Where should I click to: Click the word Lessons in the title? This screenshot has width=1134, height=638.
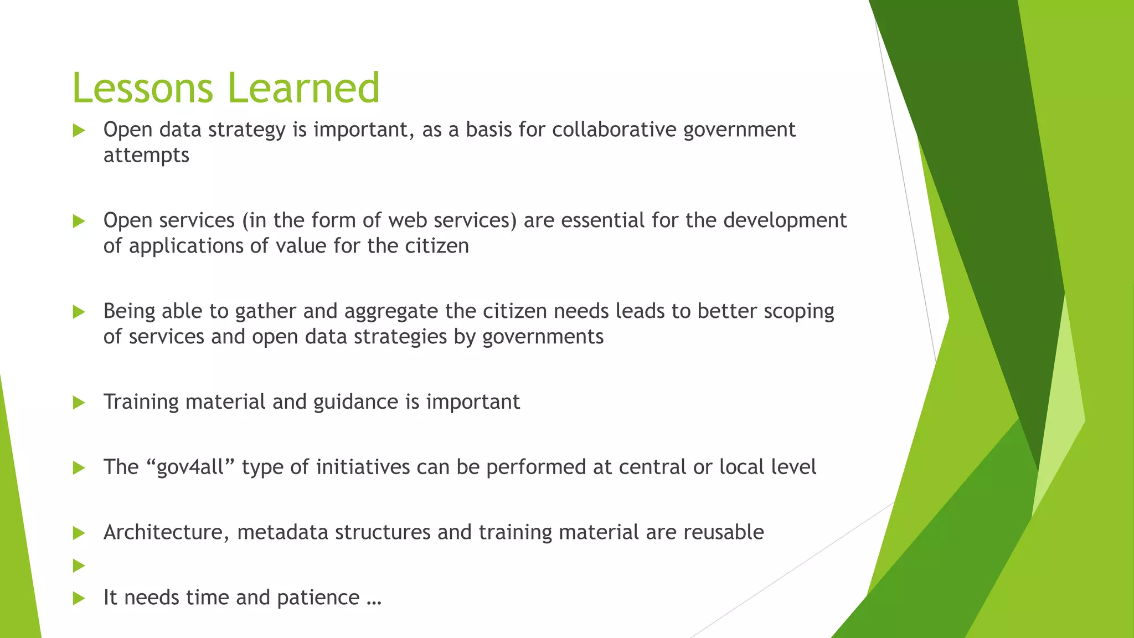point(142,88)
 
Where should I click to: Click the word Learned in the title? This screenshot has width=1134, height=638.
point(303,88)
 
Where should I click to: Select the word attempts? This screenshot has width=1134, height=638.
point(146,156)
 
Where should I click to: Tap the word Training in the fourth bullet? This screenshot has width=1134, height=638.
point(141,402)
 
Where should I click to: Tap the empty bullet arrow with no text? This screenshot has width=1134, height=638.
point(79,565)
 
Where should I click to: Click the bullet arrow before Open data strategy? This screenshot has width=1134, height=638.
point(79,131)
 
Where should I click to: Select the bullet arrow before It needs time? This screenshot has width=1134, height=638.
point(79,598)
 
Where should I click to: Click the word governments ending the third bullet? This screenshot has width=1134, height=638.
point(543,337)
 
